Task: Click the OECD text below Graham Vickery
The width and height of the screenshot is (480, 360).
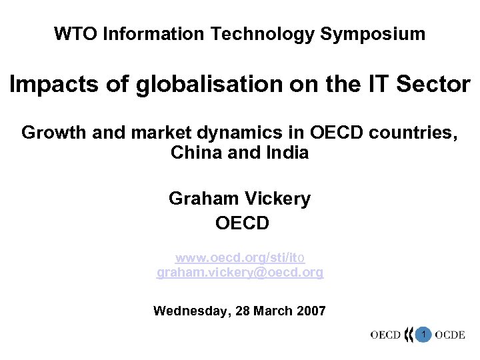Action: (242, 223)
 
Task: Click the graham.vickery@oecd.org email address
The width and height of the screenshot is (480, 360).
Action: (240, 272)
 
